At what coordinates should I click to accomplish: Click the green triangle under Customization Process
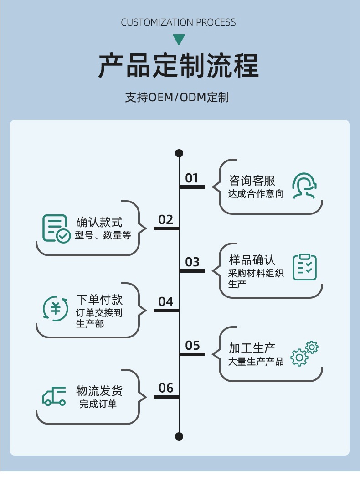(179, 40)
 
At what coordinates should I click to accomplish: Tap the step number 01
(192, 178)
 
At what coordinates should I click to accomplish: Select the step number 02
(166, 220)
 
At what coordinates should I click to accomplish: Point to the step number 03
(192, 262)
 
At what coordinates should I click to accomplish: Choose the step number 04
(166, 302)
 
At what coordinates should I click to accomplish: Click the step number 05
(192, 346)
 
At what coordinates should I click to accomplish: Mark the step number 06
(166, 388)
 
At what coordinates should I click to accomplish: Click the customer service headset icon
(304, 186)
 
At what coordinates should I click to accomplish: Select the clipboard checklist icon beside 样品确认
(304, 267)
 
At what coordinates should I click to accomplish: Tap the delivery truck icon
(54, 396)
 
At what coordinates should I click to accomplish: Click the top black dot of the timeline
(179, 153)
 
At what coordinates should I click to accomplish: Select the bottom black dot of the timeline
(179, 436)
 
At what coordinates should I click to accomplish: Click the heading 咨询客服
(252, 180)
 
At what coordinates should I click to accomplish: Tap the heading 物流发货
(99, 391)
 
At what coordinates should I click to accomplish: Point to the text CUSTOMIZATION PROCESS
(179, 22)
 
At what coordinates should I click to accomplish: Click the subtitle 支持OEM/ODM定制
(177, 98)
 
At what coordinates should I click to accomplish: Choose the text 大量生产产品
(256, 362)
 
